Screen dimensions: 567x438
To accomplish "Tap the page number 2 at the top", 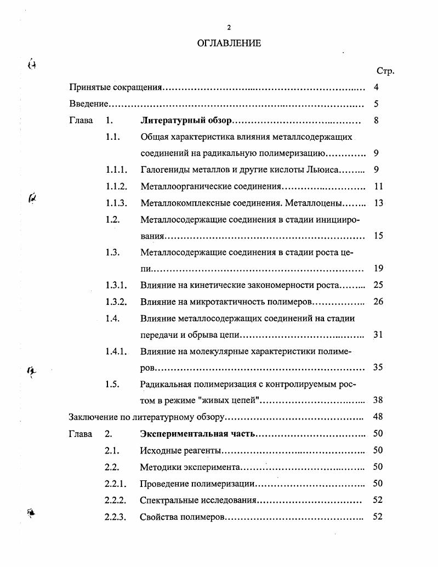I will (x=230, y=27).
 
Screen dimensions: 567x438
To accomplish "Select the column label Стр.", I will (x=385, y=71).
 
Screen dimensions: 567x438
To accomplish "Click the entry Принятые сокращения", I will (x=116, y=87).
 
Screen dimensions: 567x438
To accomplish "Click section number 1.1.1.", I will (x=117, y=170).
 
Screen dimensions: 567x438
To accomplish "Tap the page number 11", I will (x=378, y=186).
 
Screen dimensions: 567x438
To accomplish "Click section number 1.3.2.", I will (x=117, y=302).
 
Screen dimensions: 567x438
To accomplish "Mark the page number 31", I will (x=378, y=334).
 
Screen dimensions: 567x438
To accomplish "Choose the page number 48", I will (x=378, y=417).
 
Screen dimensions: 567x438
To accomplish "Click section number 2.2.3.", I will (x=116, y=517).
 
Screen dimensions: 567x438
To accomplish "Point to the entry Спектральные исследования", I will (x=198, y=500).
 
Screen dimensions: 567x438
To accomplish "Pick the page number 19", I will (x=378, y=269).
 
